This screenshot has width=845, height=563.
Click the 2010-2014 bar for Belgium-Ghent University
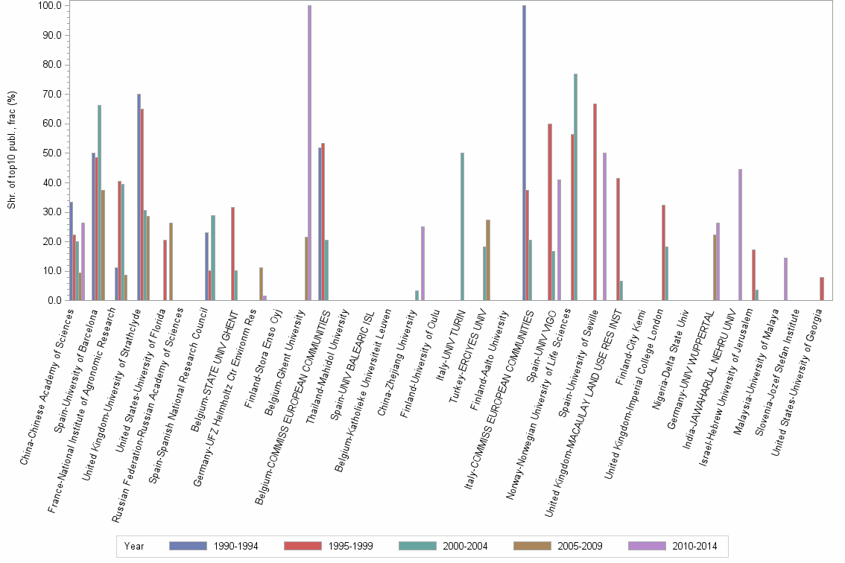point(309,153)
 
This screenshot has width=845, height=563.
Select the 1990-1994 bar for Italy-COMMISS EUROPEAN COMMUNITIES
point(524,153)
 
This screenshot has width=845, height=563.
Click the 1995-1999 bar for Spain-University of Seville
point(595,202)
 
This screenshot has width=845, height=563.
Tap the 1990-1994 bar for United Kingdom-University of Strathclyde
point(139,197)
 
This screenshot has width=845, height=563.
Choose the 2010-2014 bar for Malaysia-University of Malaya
point(785,279)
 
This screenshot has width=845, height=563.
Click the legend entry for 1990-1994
point(215,546)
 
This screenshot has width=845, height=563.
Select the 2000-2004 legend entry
point(444,546)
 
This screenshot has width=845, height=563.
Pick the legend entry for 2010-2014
point(674,546)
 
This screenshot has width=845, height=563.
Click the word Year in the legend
point(134,546)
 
